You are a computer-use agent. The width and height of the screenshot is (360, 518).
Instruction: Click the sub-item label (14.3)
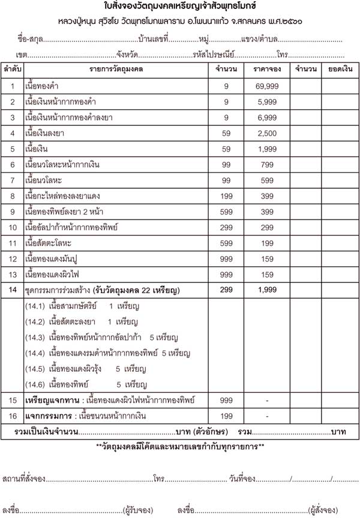(x=35, y=337)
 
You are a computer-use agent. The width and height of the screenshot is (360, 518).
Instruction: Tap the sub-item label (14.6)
(x=35, y=384)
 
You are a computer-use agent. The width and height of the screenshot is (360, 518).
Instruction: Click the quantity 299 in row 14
(x=226, y=290)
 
